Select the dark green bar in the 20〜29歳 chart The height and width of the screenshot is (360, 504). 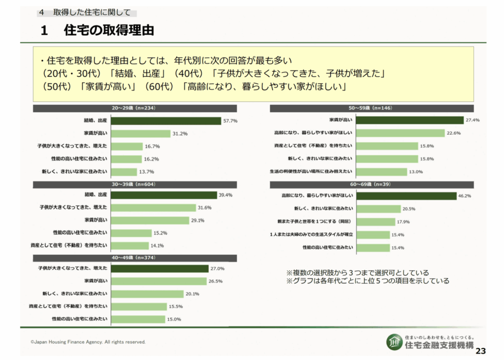tap(166, 120)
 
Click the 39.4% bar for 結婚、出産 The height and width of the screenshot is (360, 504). tap(164, 195)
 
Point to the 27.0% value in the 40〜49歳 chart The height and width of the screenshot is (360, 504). tap(218, 269)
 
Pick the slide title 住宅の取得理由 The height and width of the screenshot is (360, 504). tap(109, 30)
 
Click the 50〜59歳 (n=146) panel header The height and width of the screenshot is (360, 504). tap(372, 108)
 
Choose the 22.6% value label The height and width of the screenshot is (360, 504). tap(453, 133)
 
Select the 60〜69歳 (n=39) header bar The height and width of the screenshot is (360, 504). tap(372, 184)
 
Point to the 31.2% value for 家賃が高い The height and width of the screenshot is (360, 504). tap(180, 133)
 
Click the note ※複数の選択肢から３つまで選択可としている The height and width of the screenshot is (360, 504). tap(357, 272)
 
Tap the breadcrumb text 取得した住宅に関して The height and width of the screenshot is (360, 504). tap(92, 12)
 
